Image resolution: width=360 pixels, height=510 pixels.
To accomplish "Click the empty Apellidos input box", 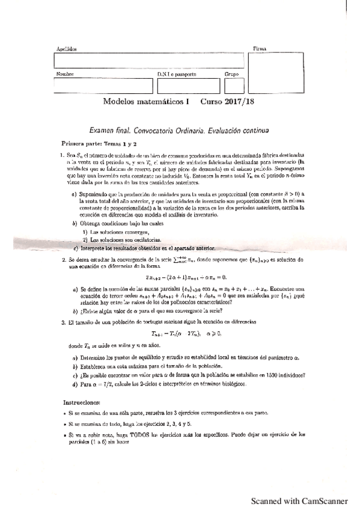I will pyautogui.click(x=149, y=61).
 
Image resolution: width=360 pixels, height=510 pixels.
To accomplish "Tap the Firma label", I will pyautogui.click(x=259, y=48).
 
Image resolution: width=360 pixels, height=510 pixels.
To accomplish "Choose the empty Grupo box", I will pyautogui.click(x=231, y=86).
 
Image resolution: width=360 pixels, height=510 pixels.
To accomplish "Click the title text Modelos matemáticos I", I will pyautogui.click(x=146, y=103).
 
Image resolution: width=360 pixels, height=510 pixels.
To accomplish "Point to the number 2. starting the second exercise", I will pyautogui.click(x=62, y=260).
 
